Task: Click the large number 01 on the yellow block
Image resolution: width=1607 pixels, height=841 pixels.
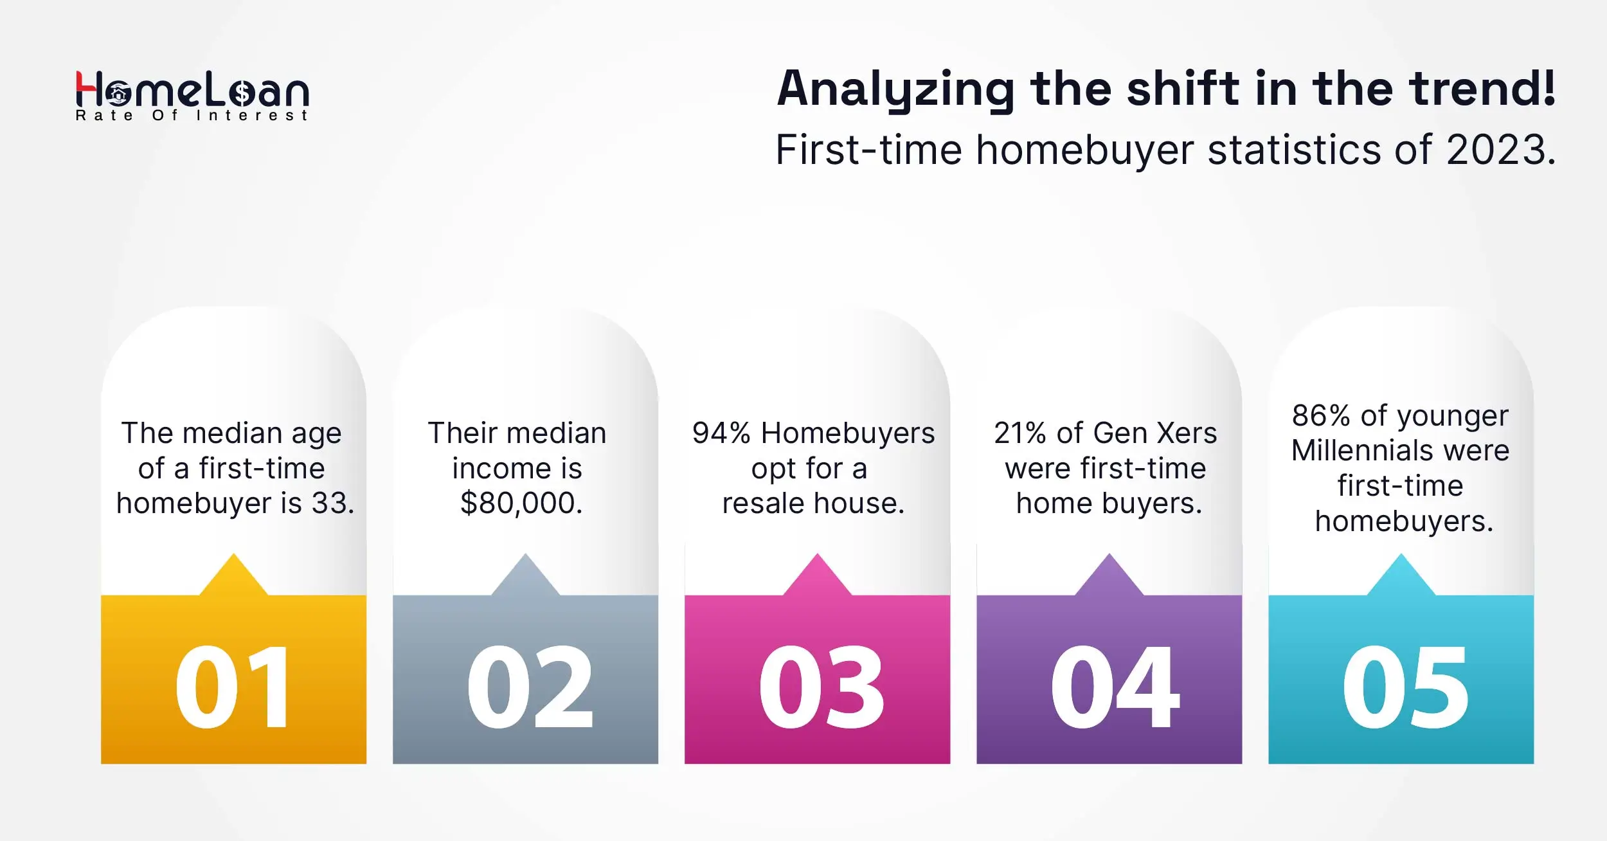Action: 233,687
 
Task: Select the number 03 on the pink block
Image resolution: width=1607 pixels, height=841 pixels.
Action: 821,687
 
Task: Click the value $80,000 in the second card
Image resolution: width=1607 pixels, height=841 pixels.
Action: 521,503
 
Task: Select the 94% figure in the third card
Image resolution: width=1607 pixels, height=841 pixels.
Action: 721,433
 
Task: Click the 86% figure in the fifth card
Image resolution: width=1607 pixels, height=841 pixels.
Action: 1320,416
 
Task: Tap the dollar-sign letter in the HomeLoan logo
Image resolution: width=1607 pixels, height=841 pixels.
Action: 242,94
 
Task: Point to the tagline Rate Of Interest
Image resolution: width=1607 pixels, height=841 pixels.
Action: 192,116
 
